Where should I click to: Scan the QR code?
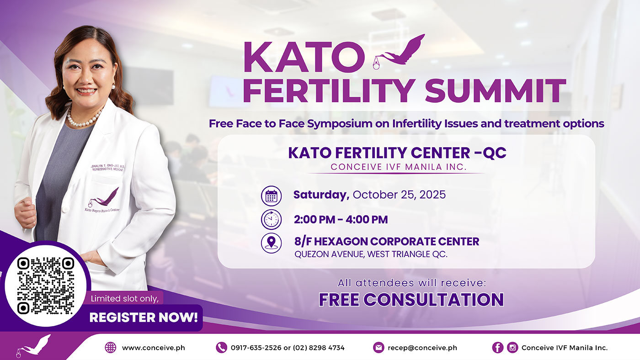click(46, 286)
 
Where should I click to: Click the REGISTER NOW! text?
click(144, 318)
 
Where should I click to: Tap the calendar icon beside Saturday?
click(271, 196)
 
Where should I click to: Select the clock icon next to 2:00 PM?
click(271, 219)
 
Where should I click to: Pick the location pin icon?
click(271, 243)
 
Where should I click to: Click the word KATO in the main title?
click(304, 58)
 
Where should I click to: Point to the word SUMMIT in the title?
click(496, 90)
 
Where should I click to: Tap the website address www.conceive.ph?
click(154, 348)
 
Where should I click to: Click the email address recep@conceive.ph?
click(422, 348)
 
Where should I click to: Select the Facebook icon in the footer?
click(497, 348)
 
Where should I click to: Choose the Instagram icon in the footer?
click(512, 348)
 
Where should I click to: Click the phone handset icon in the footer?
click(221, 348)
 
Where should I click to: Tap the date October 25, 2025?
click(399, 195)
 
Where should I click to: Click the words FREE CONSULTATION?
click(411, 300)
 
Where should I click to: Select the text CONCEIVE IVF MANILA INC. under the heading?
click(399, 167)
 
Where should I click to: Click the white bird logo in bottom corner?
click(33, 346)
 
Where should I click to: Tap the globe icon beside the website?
click(111, 348)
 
